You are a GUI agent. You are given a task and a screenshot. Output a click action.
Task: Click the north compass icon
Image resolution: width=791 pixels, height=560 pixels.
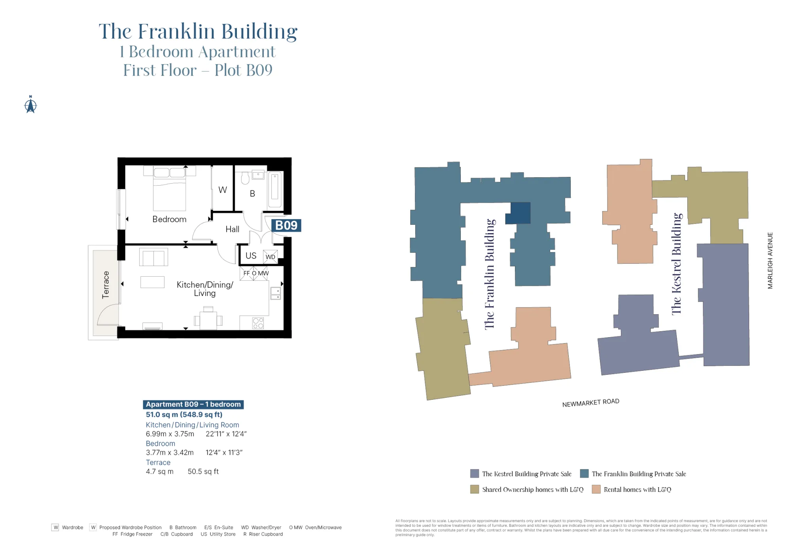tap(30, 105)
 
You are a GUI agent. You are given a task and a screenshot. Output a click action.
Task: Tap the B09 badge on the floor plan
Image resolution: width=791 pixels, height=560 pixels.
tap(286, 226)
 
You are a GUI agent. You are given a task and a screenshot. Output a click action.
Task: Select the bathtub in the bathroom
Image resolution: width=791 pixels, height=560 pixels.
tap(275, 189)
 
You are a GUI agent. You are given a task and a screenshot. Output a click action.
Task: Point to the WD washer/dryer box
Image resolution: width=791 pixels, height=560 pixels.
tap(271, 256)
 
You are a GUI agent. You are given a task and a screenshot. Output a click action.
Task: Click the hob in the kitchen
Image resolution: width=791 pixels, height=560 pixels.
tap(258, 323)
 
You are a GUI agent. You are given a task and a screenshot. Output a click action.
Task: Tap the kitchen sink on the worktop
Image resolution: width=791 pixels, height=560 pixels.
tap(276, 293)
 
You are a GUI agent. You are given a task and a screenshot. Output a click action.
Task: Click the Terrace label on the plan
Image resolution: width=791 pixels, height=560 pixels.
tap(106, 285)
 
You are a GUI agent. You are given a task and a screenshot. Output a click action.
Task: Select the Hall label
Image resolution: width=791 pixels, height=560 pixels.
tap(233, 229)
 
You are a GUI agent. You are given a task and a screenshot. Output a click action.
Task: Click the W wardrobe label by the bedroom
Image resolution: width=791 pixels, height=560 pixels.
tap(223, 190)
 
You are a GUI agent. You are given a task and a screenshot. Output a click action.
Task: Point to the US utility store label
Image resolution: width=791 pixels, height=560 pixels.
tap(251, 256)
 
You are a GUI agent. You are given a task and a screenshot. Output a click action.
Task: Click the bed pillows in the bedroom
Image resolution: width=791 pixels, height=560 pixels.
tap(169, 173)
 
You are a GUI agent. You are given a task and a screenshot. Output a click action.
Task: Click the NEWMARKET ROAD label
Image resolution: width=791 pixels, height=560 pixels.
tap(590, 402)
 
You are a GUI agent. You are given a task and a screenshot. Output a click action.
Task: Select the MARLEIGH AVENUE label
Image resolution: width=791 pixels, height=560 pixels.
tap(770, 260)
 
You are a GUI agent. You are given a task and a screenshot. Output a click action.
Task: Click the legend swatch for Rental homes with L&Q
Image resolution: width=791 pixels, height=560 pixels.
tap(596, 489)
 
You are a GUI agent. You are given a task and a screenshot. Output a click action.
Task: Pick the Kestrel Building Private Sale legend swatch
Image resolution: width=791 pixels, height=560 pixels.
tap(475, 474)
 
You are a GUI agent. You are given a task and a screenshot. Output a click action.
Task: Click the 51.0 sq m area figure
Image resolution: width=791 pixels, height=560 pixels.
tap(184, 414)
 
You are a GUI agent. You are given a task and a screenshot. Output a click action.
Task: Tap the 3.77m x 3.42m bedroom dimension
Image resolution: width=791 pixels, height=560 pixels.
tap(170, 452)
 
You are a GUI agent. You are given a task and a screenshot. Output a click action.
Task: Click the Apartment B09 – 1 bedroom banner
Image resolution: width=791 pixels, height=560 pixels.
tap(193, 404)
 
